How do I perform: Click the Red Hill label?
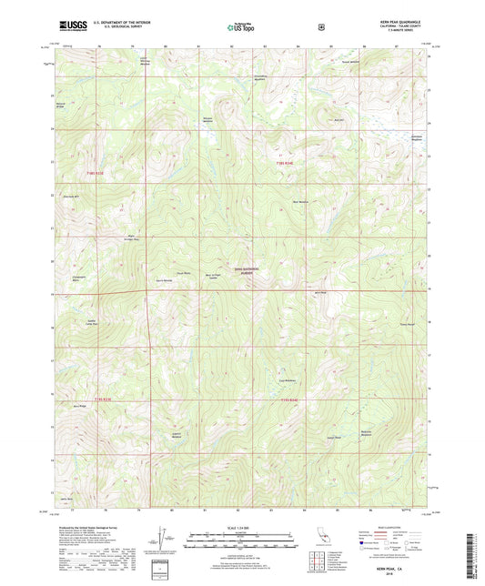click(x=338, y=120)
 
